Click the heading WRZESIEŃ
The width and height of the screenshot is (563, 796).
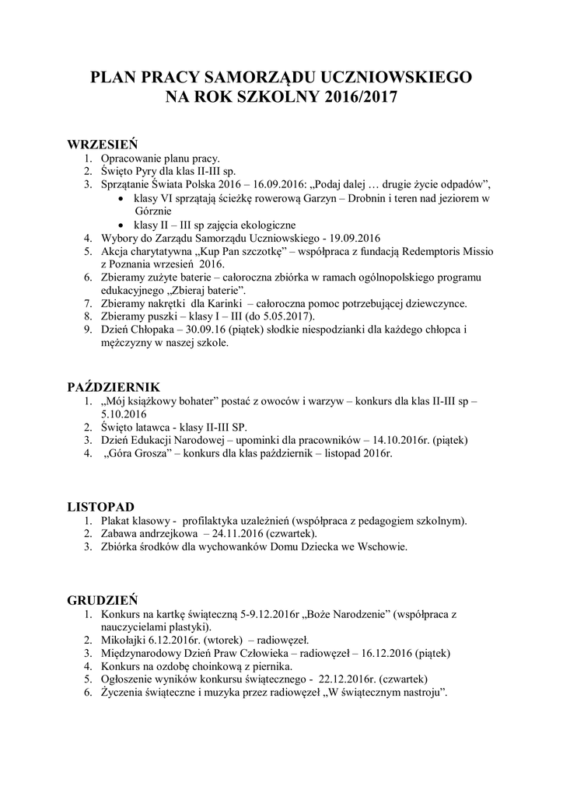tap(102, 144)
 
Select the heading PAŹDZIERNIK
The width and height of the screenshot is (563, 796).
tap(114, 386)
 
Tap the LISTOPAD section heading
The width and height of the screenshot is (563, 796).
tap(101, 506)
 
